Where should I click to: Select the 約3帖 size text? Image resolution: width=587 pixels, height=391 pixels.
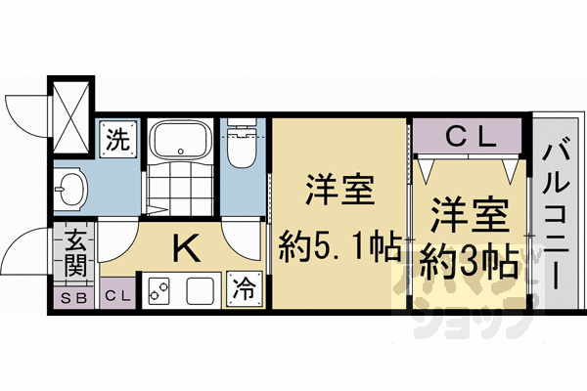[x=469, y=261]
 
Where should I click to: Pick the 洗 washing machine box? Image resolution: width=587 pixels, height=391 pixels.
[x=118, y=139]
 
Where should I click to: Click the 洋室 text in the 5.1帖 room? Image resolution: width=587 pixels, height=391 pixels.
[x=339, y=190]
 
